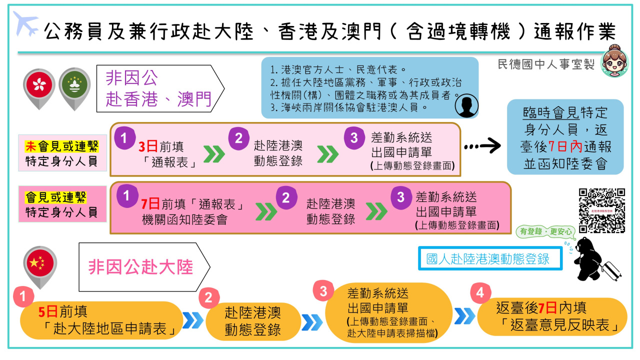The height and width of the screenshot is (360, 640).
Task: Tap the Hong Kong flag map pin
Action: coord(39,85)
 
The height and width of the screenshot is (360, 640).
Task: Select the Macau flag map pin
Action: coord(74,85)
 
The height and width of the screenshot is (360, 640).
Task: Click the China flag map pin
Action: coord(40,263)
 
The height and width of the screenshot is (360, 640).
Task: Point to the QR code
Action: coord(602,210)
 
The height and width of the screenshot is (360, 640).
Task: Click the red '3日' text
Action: coord(148,146)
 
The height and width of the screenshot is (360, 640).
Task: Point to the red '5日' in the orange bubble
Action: coord(48,312)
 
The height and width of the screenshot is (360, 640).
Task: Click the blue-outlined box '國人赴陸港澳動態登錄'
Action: coord(489,258)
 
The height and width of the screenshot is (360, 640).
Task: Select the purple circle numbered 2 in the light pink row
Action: coord(239,137)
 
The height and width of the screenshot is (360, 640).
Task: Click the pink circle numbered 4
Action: coord(480,293)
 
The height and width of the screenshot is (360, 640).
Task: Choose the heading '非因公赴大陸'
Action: coord(140,267)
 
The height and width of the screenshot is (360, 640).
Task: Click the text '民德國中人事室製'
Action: coord(546,64)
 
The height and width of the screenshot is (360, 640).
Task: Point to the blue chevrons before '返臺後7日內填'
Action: coord(464,315)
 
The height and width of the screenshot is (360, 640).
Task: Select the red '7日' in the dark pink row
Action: coord(150,204)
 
